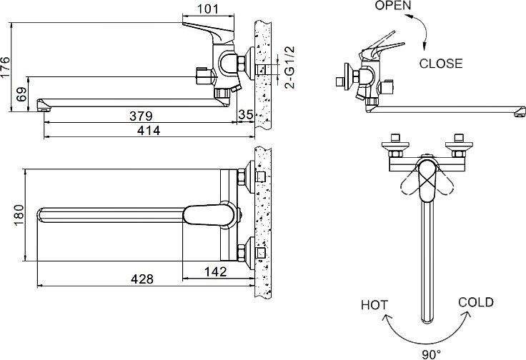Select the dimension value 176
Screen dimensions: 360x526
pyautogui.click(x=6, y=66)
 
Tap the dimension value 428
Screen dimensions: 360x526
pyautogui.click(x=141, y=279)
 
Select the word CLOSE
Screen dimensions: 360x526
pyautogui.click(x=440, y=63)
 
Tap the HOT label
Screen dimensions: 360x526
pyautogui.click(x=374, y=305)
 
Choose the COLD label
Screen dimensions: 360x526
pyautogui.click(x=475, y=302)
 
